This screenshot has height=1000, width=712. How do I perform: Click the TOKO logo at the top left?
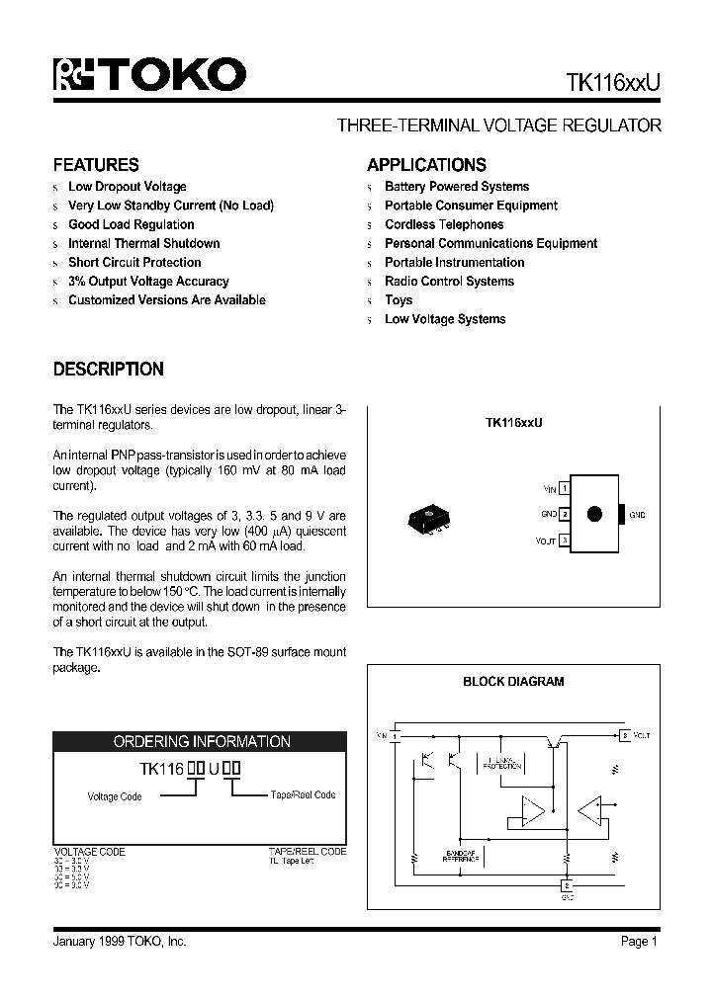(x=148, y=76)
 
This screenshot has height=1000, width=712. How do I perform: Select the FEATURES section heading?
(x=95, y=165)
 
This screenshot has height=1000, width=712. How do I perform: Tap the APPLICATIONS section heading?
(x=426, y=165)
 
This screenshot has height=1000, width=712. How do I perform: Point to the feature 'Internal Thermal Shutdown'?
(x=143, y=243)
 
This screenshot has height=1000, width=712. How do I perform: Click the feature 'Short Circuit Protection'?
(x=134, y=262)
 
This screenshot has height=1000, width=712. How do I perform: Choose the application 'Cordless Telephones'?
(x=444, y=224)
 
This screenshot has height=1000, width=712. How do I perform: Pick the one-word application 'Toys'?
(x=399, y=299)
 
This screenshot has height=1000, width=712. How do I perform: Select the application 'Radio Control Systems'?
(x=449, y=281)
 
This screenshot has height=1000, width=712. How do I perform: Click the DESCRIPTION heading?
(x=108, y=369)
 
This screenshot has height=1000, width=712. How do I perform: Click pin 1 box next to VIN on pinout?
(x=564, y=488)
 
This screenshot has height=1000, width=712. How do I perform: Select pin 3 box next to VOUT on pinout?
(x=564, y=540)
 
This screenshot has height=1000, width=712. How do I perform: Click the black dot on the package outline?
(x=595, y=514)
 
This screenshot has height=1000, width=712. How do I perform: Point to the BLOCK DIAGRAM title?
(x=513, y=681)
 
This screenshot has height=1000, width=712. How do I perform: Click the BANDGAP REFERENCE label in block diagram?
(x=460, y=857)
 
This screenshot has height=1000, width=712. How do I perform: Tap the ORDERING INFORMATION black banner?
(x=201, y=741)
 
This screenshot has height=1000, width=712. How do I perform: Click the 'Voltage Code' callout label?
(x=116, y=796)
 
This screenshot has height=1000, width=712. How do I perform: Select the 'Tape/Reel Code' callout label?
(x=303, y=795)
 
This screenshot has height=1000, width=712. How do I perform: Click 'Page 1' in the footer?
(x=639, y=942)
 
